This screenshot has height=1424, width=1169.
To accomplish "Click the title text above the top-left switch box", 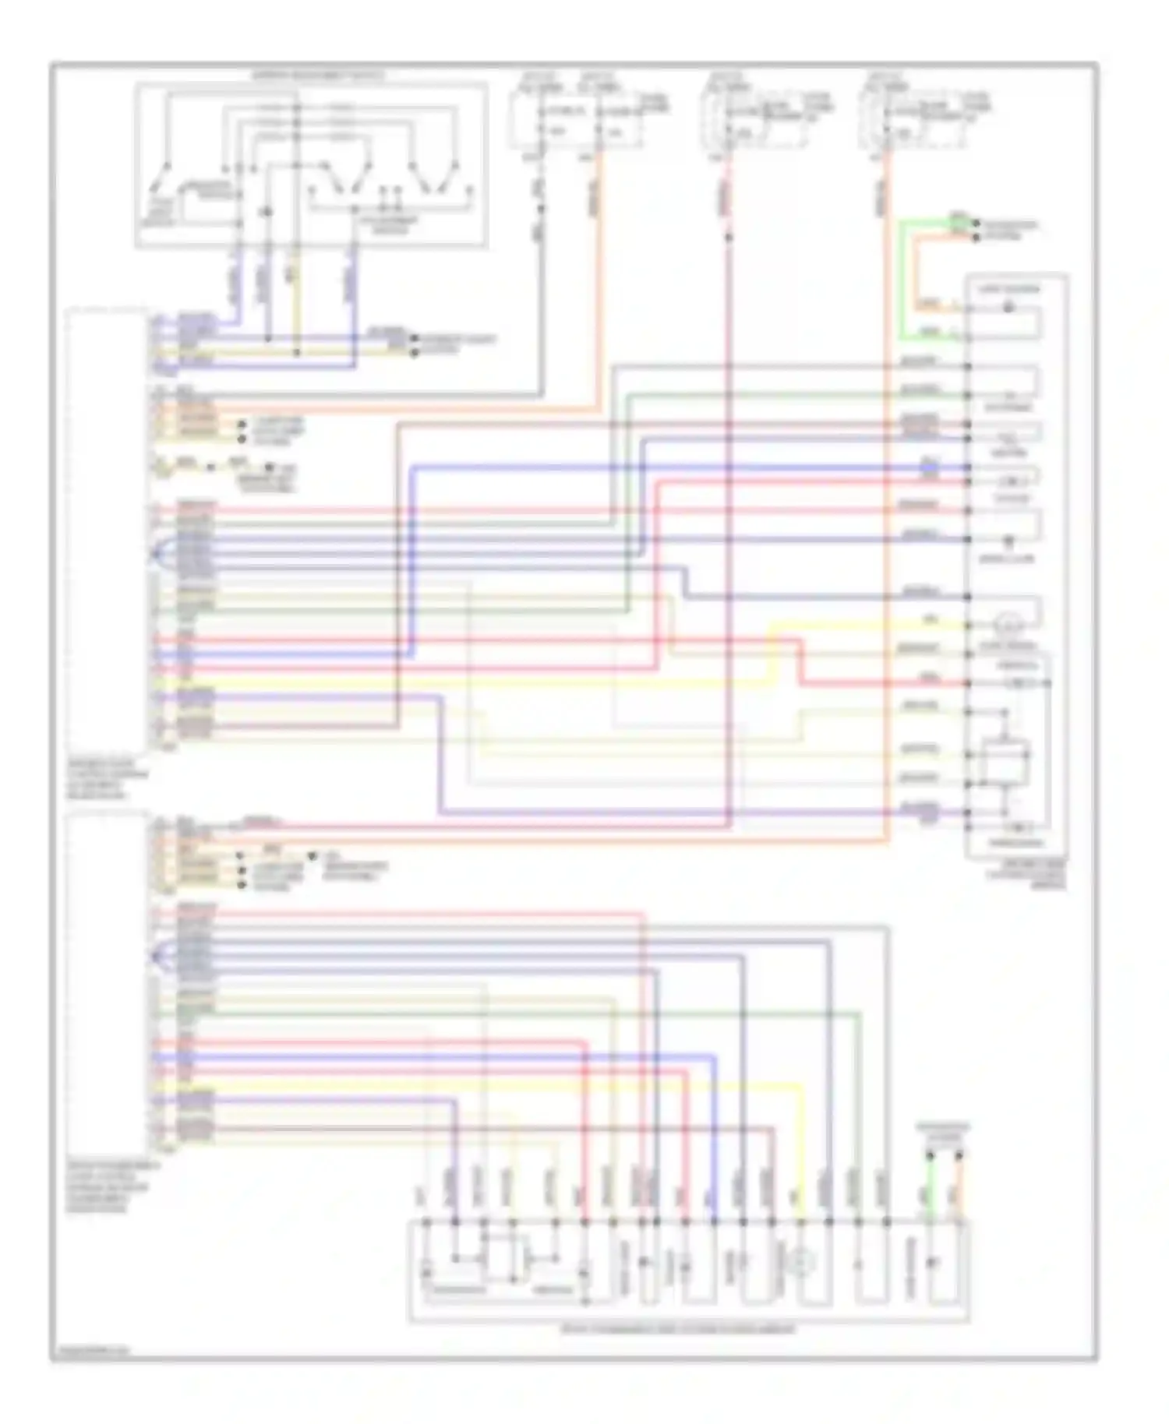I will click(316, 76).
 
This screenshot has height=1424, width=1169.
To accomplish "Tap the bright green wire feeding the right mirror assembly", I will click(902, 280).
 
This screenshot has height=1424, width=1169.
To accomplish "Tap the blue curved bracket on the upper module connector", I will click(156, 552).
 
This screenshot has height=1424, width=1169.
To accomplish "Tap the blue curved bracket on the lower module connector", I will click(156, 952).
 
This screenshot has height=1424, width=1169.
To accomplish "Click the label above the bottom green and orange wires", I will click(943, 1133).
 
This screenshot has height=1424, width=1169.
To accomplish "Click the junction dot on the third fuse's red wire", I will click(729, 235).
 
